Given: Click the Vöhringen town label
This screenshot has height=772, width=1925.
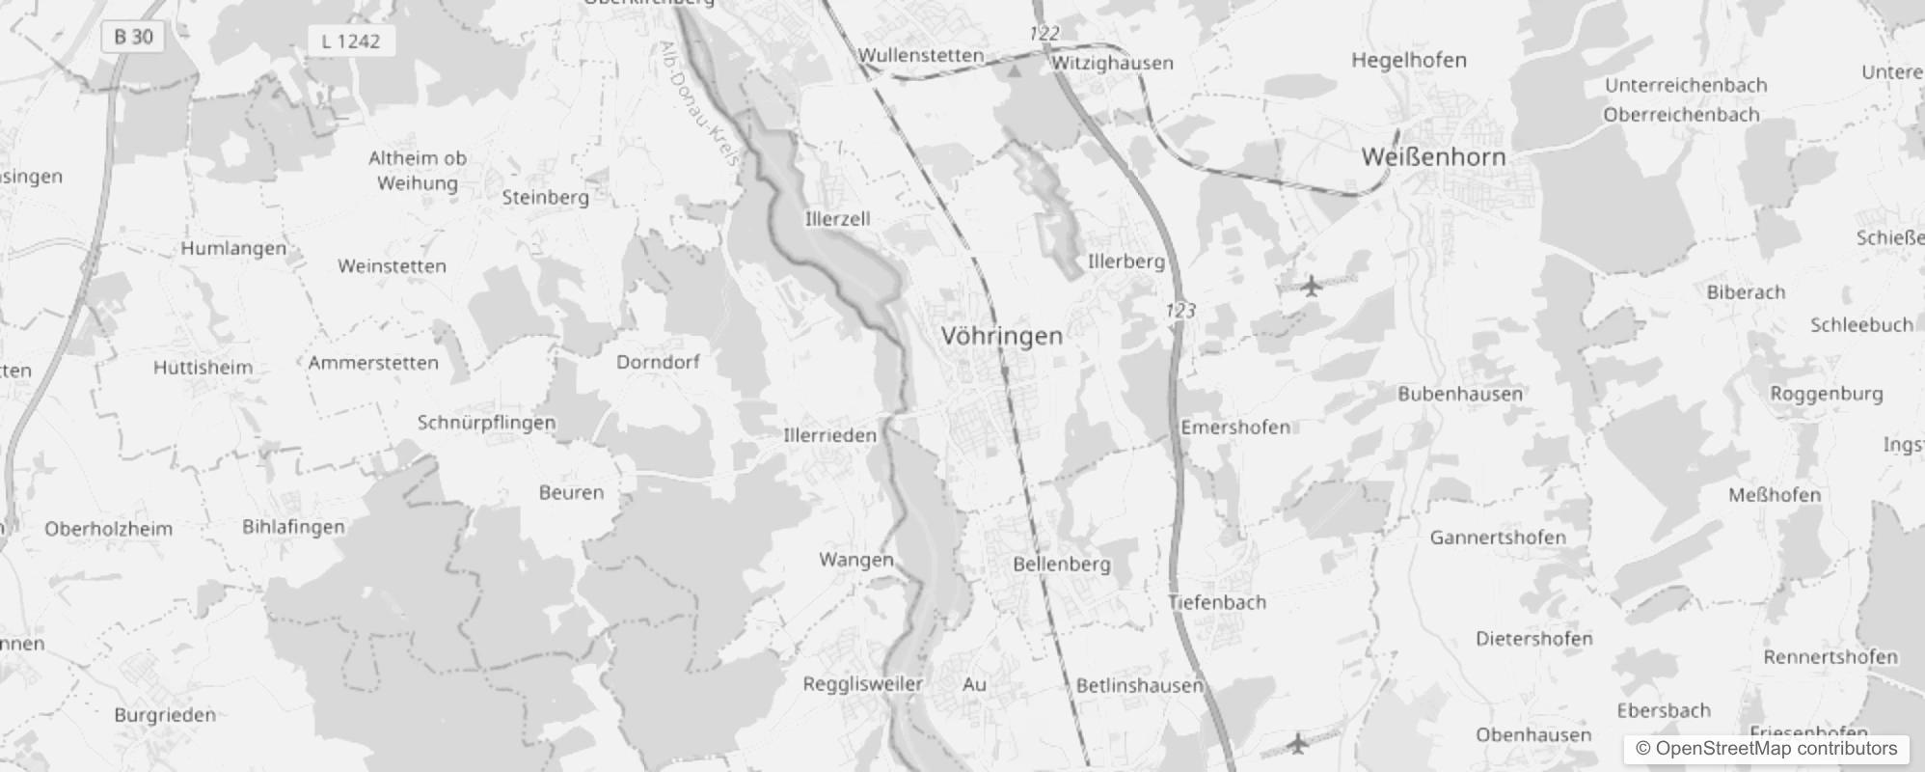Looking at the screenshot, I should pos(1001,336).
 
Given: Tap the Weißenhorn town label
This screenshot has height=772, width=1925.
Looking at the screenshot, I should pos(1432,156).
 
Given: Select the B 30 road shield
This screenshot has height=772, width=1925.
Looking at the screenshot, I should pos(133,37).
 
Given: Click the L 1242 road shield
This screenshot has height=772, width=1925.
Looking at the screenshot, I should pos(351,41).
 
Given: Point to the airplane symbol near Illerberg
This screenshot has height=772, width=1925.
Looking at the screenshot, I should pos(1311,286).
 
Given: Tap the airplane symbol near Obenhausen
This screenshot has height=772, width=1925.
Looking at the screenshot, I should pos(1298,743).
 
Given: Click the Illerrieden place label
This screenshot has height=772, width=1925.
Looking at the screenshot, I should pos(829,435).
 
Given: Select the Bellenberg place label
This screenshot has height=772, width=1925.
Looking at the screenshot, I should pos(1061,564).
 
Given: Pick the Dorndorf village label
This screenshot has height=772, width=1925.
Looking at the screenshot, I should pos(658,362).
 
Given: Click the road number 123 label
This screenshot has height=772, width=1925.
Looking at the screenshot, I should pos(1180,310).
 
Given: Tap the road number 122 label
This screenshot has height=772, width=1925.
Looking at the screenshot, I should pos(1044,34).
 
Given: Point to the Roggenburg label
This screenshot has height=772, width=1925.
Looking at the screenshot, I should pos(1826,394).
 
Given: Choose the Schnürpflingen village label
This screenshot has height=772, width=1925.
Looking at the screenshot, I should pos(486,423).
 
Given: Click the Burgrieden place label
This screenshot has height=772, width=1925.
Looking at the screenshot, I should pos(165,715).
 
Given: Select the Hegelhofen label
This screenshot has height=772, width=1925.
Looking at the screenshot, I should pos(1408,60).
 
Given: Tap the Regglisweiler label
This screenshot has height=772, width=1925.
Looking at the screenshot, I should pos(862,684).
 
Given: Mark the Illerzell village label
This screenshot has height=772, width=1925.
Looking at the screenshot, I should pos(837,219).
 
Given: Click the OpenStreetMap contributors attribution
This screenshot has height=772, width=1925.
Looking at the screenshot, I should pos(1766,749).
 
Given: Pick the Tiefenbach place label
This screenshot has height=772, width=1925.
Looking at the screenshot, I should pos(1216,602).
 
